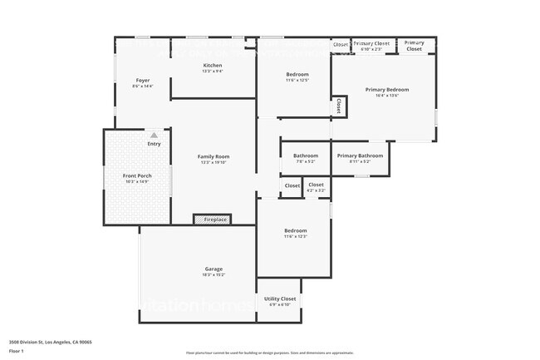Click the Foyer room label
pos(142,81)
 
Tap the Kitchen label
pos(213,65)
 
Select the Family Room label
pos(213,156)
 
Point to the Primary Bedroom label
pos(387,89)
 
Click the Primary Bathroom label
pos(360,155)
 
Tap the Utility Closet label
pos(279,298)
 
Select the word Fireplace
pos(215,219)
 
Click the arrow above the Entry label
pos(154,134)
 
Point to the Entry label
pos(154,144)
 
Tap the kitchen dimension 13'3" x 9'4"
pos(213,72)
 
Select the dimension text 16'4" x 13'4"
pos(387,96)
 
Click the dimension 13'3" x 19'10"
pos(213,163)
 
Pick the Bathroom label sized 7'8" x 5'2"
pos(306,155)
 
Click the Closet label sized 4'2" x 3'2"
pos(316,185)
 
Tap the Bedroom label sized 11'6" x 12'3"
pos(296,230)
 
